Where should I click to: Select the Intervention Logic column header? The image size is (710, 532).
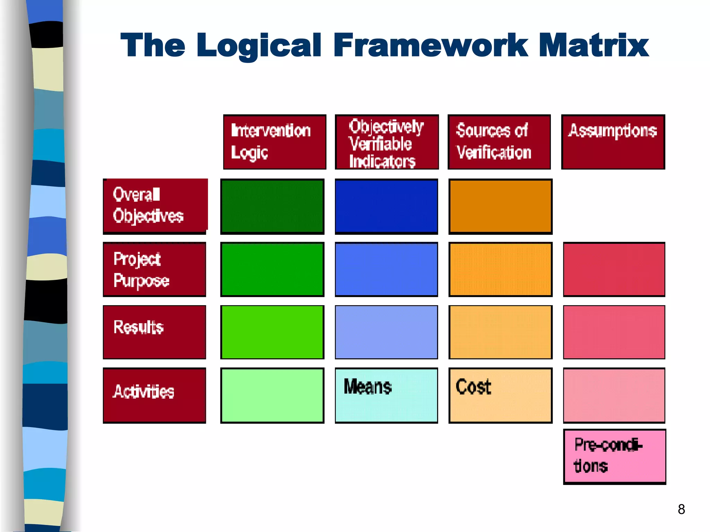pos(275,142)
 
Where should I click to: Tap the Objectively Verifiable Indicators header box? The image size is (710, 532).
pos(387,142)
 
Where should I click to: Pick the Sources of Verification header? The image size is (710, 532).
pos(499,142)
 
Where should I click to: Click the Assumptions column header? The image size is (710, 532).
pos(613,142)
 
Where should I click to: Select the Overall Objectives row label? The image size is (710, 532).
pos(155,206)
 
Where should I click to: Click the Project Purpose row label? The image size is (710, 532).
pos(155,269)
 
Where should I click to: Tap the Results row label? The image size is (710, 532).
pos(155,332)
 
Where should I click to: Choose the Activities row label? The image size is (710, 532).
pos(155,395)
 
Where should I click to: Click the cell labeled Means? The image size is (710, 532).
pos(386,395)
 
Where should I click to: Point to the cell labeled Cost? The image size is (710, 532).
pos(500,395)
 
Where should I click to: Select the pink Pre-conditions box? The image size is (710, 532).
pos(614,456)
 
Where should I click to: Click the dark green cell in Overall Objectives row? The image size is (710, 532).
pos(272,206)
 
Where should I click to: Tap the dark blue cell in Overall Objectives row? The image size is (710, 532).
pos(386,206)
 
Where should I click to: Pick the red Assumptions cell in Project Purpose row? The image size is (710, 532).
pos(614,269)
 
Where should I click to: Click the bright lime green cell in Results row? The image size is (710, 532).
pos(272,332)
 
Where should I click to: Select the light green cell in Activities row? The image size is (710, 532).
pos(272,395)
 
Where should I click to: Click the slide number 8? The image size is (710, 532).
pos(681,509)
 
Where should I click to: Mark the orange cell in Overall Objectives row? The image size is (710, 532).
pos(500,206)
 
